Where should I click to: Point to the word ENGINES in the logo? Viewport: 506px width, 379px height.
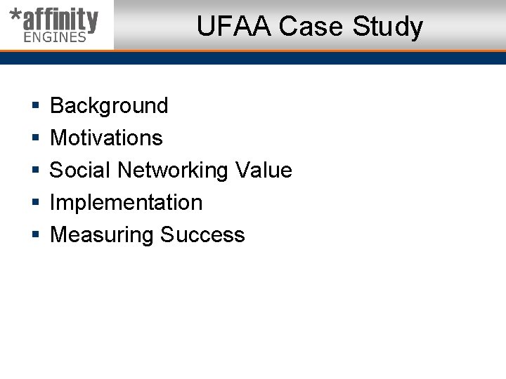tap(55, 37)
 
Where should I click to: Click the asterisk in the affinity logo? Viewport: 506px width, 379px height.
tap(15, 16)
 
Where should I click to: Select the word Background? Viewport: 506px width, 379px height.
tap(109, 105)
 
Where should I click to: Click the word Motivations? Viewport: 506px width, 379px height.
tap(106, 138)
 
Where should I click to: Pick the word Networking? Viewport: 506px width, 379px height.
tap(173, 171)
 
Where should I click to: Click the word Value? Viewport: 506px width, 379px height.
tap(264, 170)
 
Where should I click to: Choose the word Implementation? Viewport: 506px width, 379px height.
tap(126, 203)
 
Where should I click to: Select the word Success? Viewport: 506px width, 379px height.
tap(202, 234)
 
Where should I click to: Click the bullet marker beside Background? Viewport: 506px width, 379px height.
tap(35, 106)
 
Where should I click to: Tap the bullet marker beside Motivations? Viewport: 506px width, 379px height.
tap(35, 138)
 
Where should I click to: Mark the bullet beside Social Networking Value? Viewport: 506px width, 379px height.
tap(35, 171)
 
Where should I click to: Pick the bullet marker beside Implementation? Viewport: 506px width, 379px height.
tap(35, 203)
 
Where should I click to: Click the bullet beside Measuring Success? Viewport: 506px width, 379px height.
tap(35, 235)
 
